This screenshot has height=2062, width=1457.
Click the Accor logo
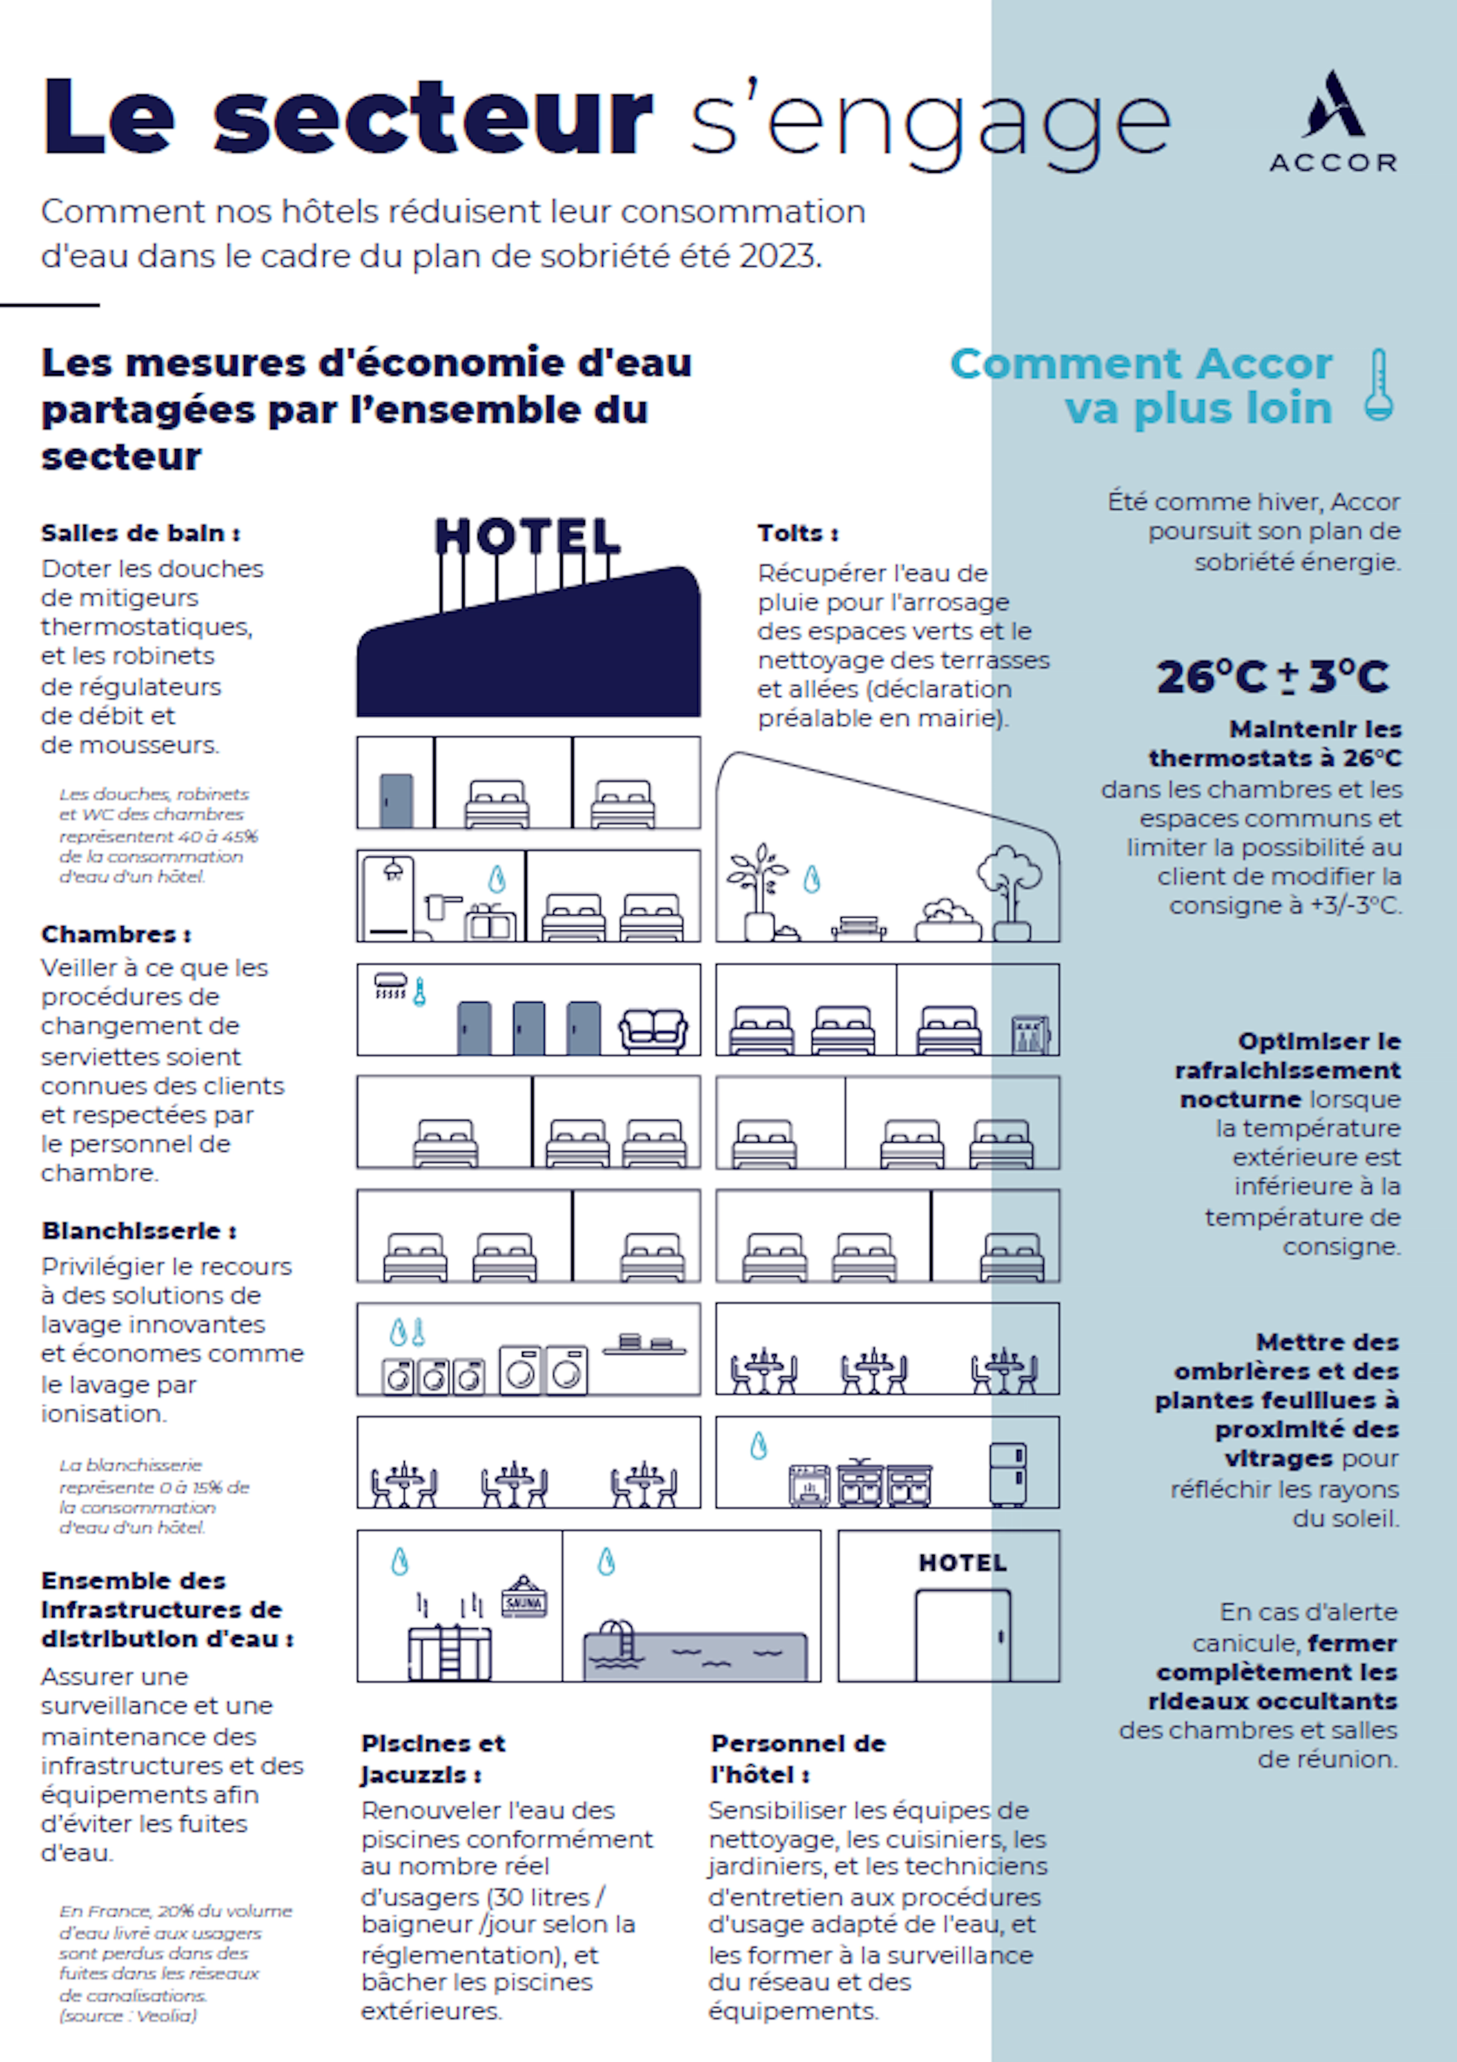click(x=1333, y=121)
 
